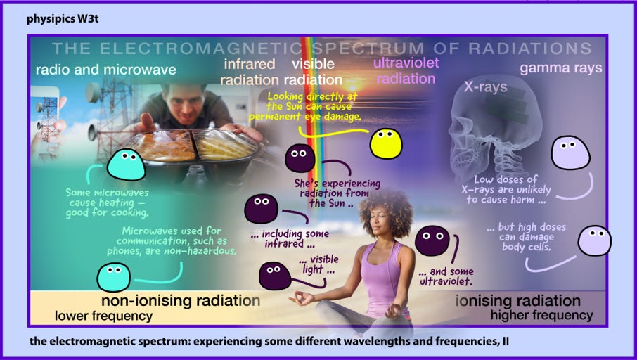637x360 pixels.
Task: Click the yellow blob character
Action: [x=386, y=144]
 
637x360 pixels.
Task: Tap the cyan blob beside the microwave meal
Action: [x=127, y=165]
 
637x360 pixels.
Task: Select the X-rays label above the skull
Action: [x=485, y=87]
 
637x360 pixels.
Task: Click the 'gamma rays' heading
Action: [x=560, y=68]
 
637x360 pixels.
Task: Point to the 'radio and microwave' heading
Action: [x=105, y=70]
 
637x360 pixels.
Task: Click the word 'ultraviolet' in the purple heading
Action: [x=406, y=63]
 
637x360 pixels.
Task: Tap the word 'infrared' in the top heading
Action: [x=250, y=64]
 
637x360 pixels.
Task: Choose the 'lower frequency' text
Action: [x=103, y=316]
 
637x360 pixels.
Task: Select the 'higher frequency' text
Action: [x=541, y=315]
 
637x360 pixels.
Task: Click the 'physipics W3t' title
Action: [x=63, y=19]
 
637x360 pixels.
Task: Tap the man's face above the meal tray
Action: [x=185, y=104]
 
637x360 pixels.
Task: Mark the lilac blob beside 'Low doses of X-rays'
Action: [x=570, y=153]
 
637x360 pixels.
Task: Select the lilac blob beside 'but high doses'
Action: [x=594, y=240]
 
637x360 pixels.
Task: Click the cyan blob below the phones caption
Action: [x=114, y=277]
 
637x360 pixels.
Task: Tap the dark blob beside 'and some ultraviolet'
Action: [x=432, y=241]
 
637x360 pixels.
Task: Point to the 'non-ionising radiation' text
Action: [x=181, y=301]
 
